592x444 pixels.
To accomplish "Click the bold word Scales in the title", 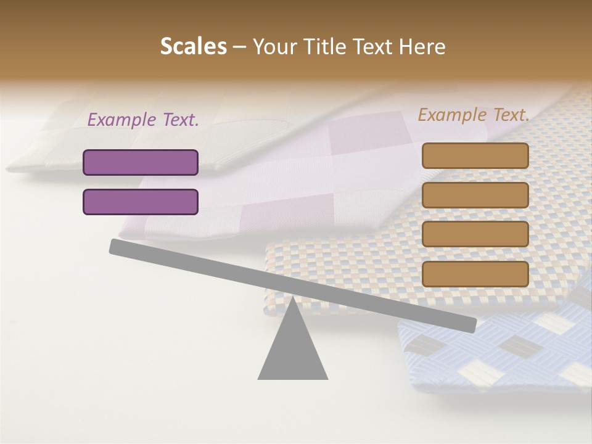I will click(x=193, y=46).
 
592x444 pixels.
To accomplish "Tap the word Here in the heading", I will click(x=423, y=47).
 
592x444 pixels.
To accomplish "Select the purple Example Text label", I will click(x=143, y=120).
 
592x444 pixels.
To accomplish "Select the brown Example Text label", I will click(x=474, y=115).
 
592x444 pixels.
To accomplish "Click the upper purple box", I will click(x=141, y=162).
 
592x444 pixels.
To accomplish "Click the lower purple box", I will click(x=141, y=202).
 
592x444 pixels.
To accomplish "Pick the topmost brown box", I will click(x=475, y=155).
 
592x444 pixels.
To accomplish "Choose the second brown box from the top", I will click(x=475, y=195).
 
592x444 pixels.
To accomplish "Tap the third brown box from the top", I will click(x=475, y=234).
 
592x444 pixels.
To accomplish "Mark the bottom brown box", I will click(x=475, y=274).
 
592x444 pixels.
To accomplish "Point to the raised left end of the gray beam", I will click(x=115, y=246).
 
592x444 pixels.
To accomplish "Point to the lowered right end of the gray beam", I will click(x=471, y=325).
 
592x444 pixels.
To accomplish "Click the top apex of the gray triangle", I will click(x=292, y=298).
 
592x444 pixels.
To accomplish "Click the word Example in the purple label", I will click(x=122, y=120).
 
